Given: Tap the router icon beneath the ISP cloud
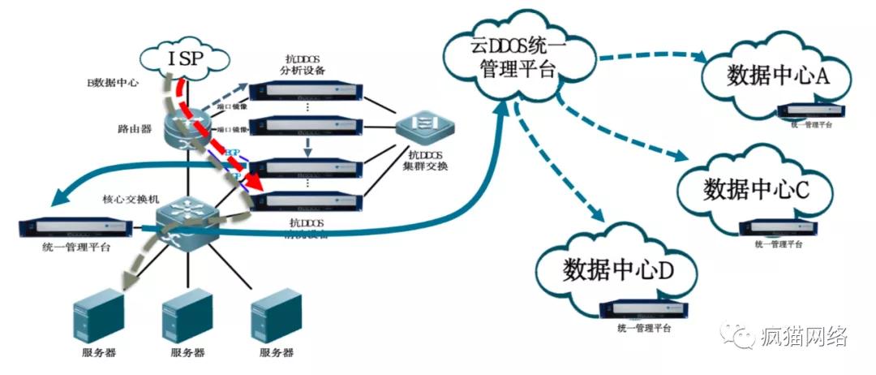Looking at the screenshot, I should pyautogui.click(x=189, y=127).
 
